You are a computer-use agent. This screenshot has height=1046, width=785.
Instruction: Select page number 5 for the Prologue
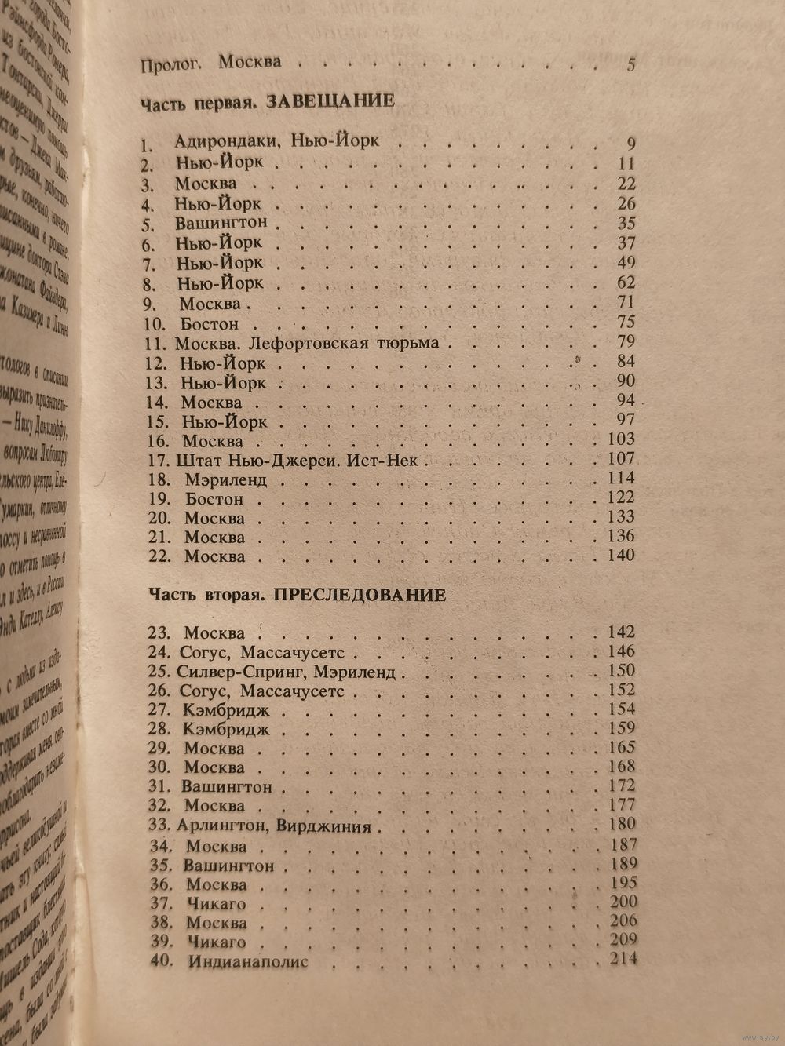[631, 65]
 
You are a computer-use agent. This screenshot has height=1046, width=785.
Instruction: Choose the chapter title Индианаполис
[248, 961]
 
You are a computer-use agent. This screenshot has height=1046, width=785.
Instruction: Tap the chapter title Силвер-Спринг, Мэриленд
[288, 672]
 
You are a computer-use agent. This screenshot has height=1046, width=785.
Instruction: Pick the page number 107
[619, 458]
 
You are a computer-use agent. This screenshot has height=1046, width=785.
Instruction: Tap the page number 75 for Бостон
[626, 322]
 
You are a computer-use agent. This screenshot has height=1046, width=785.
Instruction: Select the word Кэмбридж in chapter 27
[226, 710]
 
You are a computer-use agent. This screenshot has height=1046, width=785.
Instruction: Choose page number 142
[620, 632]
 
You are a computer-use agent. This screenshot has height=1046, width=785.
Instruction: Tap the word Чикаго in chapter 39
[217, 942]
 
